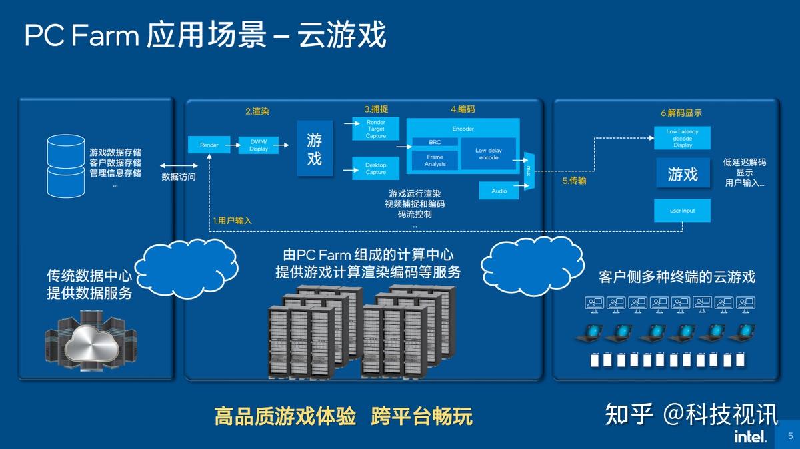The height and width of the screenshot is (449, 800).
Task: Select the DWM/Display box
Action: (x=258, y=145)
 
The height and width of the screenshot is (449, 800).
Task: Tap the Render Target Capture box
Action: (x=375, y=129)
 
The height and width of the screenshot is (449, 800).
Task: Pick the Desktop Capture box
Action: (x=375, y=168)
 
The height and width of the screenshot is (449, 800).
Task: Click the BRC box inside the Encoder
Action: (x=435, y=142)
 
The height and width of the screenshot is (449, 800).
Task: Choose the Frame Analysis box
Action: (x=435, y=160)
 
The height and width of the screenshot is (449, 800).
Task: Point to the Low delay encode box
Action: (x=488, y=154)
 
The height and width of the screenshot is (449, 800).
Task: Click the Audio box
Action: (x=499, y=191)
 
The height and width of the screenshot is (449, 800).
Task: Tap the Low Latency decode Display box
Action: (x=682, y=138)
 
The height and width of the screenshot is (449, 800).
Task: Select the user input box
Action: (x=682, y=211)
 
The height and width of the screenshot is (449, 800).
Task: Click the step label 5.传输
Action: (x=573, y=180)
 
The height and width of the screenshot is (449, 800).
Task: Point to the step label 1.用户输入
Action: (x=232, y=220)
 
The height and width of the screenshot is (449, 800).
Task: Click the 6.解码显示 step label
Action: (x=681, y=113)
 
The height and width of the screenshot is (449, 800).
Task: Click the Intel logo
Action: (x=749, y=436)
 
